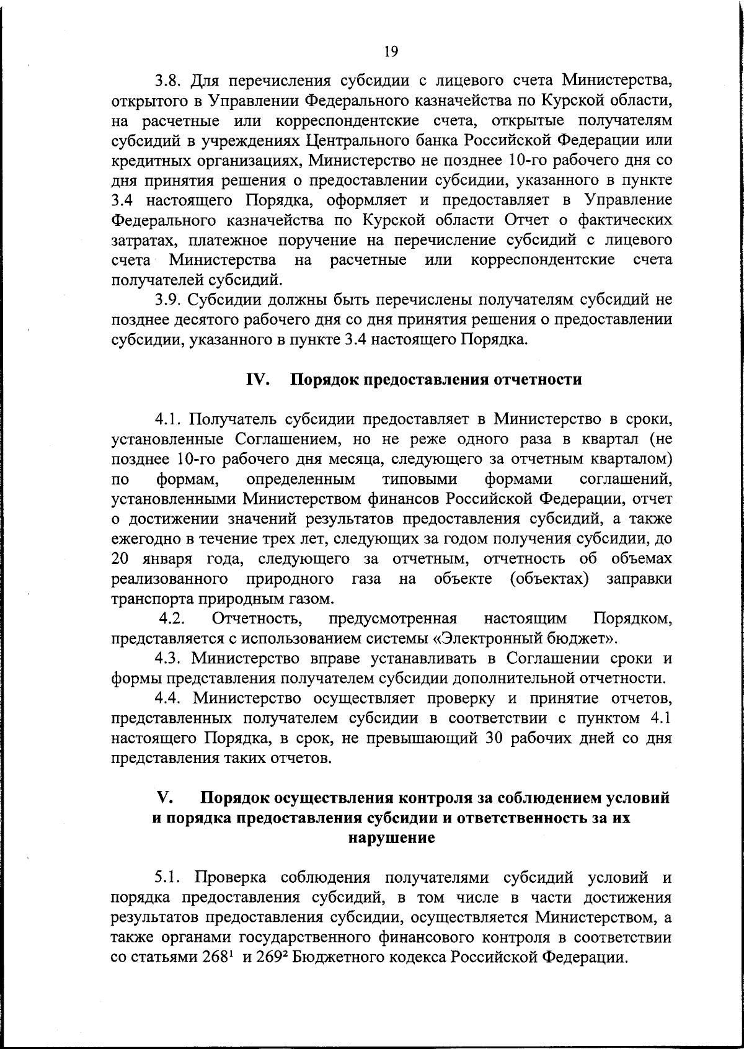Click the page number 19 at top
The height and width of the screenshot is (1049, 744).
(x=391, y=52)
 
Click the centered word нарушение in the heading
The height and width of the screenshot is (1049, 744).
(x=391, y=838)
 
